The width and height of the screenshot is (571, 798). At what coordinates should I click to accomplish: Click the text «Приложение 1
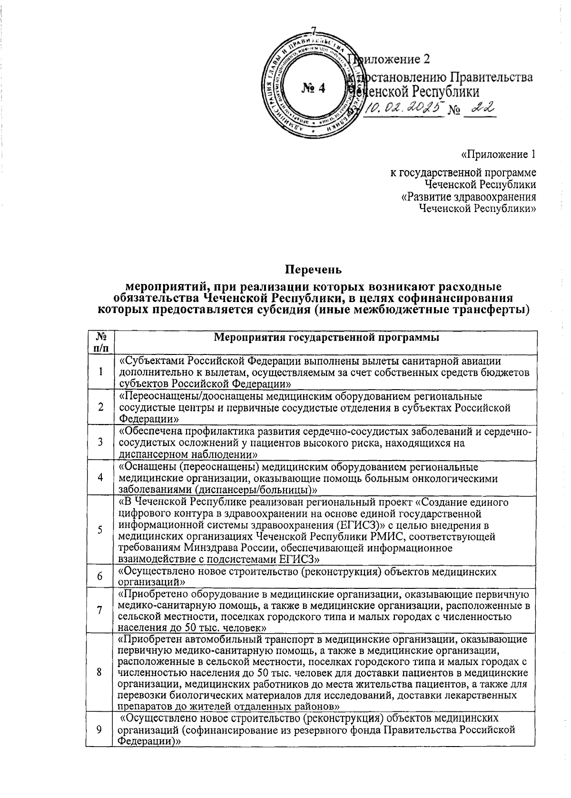point(498,155)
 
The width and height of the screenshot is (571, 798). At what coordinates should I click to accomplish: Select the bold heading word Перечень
point(313,270)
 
